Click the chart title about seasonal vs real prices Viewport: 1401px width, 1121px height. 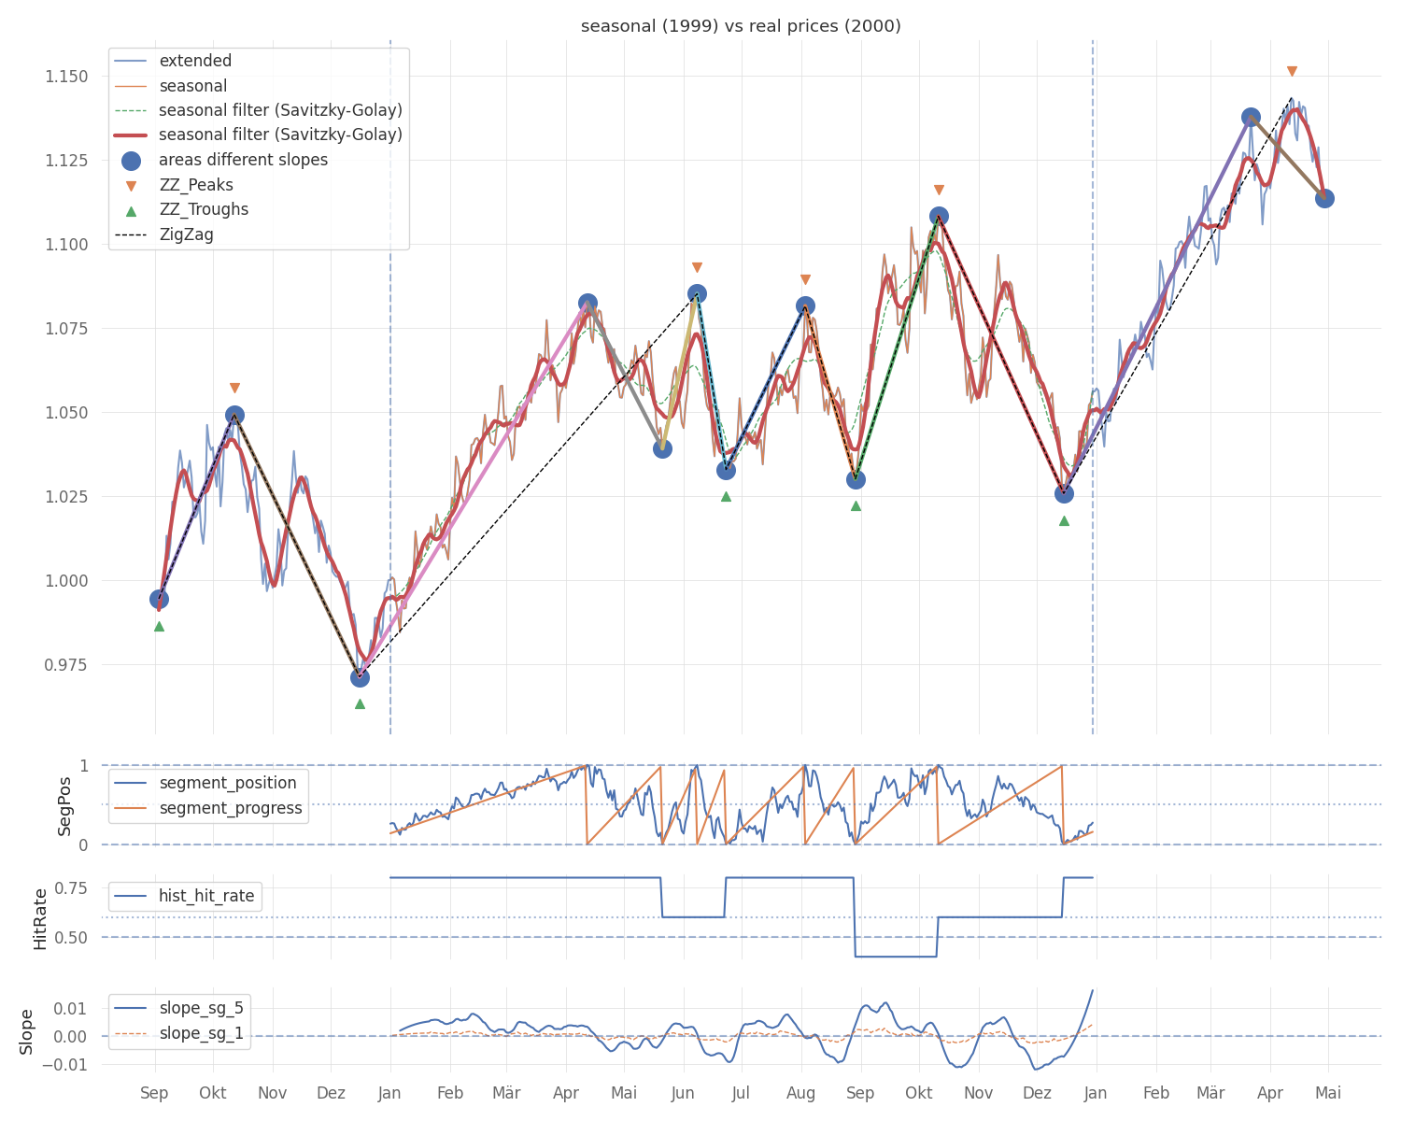(x=741, y=26)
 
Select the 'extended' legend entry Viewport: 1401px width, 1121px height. (x=195, y=61)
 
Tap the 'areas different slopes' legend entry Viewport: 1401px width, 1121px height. (x=243, y=160)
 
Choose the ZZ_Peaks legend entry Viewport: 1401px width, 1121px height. (x=196, y=185)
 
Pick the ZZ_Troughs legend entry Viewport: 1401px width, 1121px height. (x=204, y=209)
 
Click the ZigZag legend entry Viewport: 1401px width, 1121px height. (x=186, y=234)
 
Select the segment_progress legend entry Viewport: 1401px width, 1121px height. (x=231, y=808)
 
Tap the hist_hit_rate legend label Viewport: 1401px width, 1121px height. (x=205, y=896)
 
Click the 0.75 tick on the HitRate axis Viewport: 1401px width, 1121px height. (x=74, y=887)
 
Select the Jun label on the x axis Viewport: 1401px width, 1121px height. (x=683, y=1093)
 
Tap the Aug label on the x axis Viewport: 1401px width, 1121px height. (x=801, y=1093)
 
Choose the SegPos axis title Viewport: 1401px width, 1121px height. (x=64, y=805)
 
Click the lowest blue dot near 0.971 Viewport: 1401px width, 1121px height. (x=360, y=677)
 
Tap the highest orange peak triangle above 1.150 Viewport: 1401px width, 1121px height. (x=1292, y=72)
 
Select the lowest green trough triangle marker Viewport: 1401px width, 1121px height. (x=360, y=703)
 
